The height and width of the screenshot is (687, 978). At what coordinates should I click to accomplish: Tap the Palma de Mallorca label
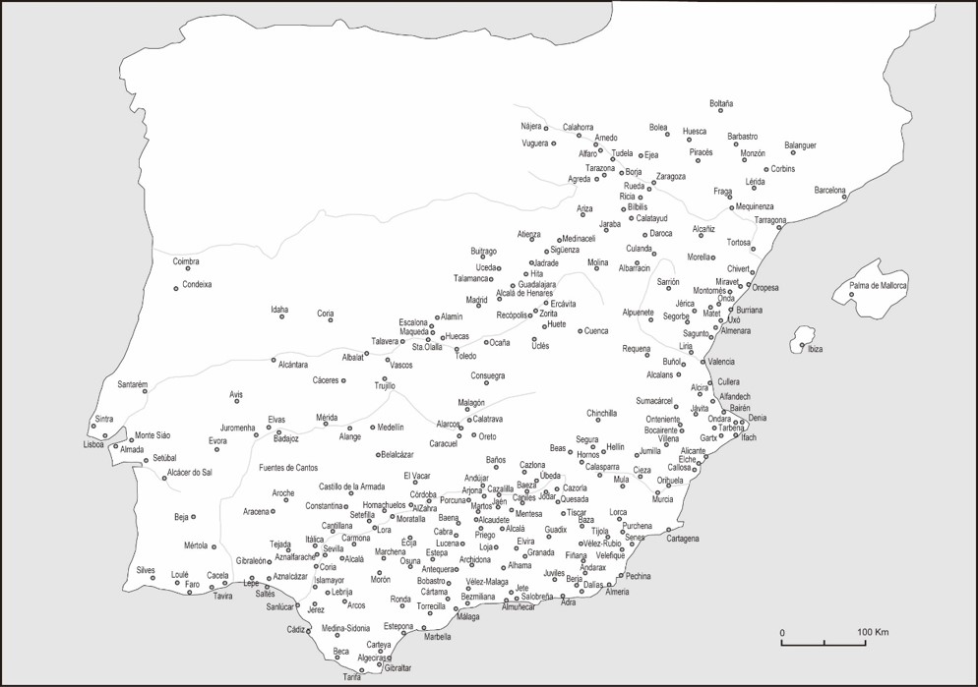click(x=879, y=285)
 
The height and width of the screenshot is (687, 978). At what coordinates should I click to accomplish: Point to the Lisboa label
click(x=93, y=444)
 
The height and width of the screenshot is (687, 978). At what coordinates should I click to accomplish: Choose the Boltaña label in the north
click(x=721, y=103)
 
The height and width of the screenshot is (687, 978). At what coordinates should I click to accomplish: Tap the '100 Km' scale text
click(x=873, y=631)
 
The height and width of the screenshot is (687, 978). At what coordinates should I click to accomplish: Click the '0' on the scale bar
click(x=782, y=631)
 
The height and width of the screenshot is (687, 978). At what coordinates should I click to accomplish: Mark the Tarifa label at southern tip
click(x=352, y=677)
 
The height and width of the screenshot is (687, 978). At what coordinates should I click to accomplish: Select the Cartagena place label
click(x=682, y=539)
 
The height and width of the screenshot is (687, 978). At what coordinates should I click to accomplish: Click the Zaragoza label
click(x=670, y=176)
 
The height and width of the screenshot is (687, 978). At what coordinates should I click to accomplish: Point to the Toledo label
click(x=465, y=356)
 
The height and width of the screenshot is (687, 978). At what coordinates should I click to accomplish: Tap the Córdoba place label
click(x=423, y=493)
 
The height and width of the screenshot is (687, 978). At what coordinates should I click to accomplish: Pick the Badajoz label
click(x=285, y=438)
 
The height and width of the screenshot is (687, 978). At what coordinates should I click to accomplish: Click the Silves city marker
click(x=153, y=578)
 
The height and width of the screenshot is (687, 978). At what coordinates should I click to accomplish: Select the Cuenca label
click(x=596, y=331)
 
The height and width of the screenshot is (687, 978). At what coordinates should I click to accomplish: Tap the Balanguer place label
click(x=800, y=145)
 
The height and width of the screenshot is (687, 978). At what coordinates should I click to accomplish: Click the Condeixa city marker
click(x=176, y=288)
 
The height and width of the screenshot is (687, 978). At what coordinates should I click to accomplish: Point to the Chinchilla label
click(x=601, y=413)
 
